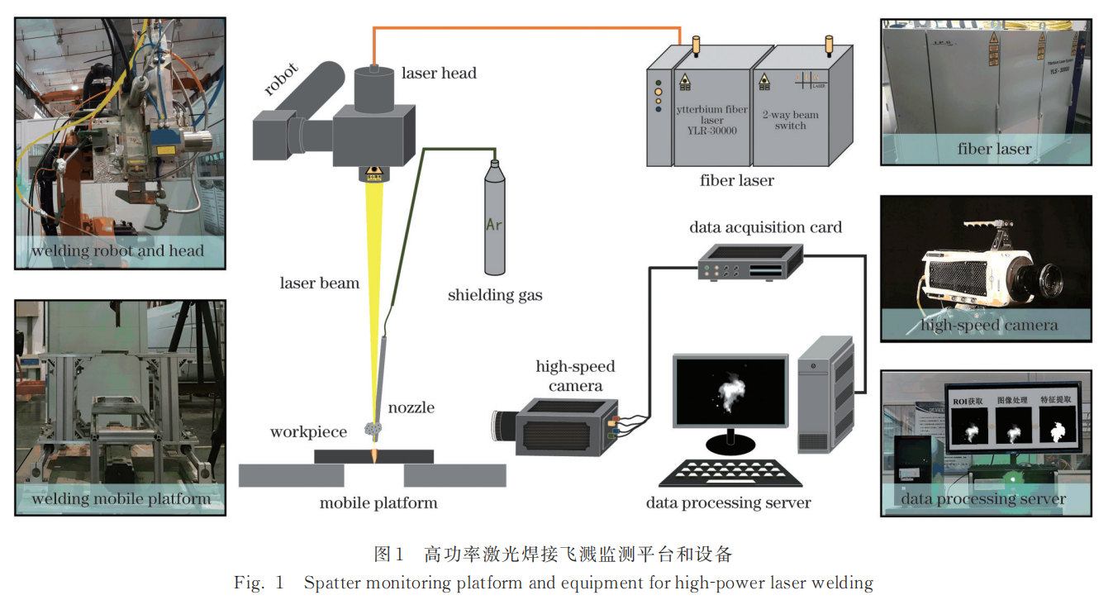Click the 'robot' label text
pos(282,80)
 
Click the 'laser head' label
pos(439,73)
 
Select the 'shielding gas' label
pos(495,294)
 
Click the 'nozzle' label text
pos(411,407)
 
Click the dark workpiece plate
pos(374,456)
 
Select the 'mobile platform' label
pos(378,502)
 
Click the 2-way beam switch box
pos(791,116)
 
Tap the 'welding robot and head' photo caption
pos(117,250)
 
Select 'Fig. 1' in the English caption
pos(259,583)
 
